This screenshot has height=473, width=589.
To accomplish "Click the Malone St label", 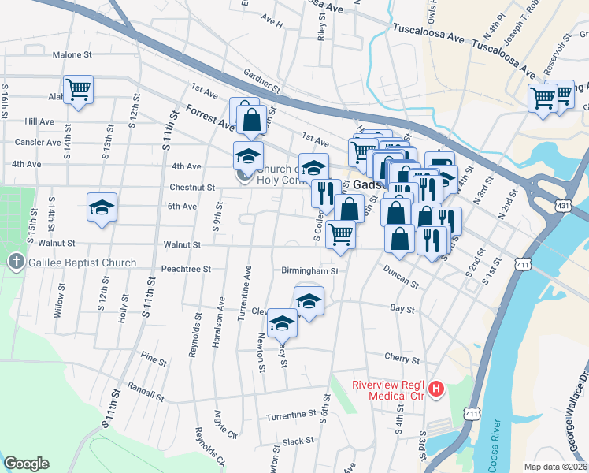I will pos(72,55).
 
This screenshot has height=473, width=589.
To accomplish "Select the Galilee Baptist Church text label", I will pos(80,263).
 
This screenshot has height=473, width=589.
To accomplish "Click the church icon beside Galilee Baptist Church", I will pos(15,262).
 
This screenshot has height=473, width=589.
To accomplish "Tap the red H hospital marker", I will pos(436,389).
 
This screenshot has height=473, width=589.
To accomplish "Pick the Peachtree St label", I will pos(186,269).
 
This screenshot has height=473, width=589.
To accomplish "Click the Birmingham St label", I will pos(309,270).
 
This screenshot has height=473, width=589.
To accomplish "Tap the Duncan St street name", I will pos(400,278).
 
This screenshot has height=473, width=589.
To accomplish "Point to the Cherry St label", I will pos(399,357).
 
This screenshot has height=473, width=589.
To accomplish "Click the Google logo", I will pos(26,464).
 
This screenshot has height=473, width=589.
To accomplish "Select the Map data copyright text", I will pos(556,467).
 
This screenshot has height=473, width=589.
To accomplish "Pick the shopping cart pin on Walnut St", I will pos(340,234).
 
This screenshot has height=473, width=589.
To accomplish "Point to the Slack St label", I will pos(298,441).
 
